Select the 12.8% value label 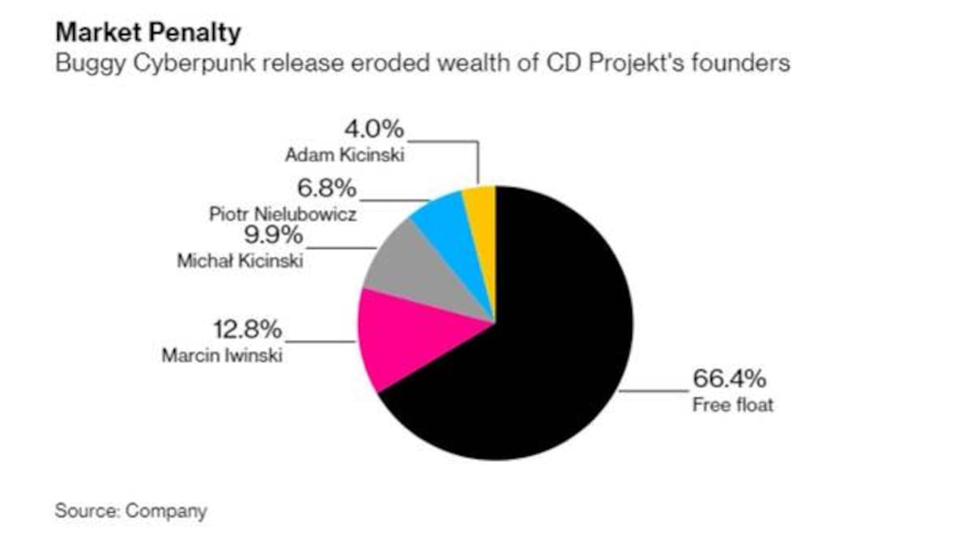coord(247,330)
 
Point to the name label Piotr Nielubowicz coord(283,215)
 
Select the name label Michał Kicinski coord(239,262)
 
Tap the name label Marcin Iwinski coord(222,356)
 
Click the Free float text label coord(732,404)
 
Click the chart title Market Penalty coord(148,33)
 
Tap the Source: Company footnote coord(130,511)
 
